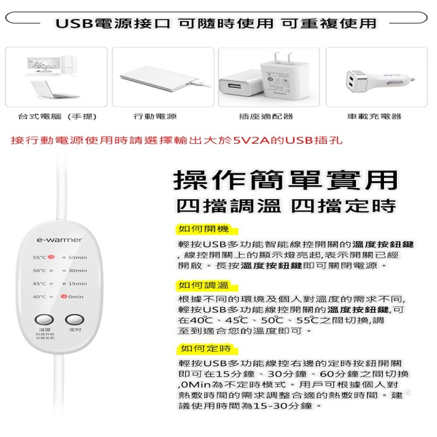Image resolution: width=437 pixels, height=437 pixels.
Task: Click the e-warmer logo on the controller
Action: point(59,239)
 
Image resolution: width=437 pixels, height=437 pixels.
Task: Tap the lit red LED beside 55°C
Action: point(51,257)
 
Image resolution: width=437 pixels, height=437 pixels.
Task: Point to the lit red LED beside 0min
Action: point(64,297)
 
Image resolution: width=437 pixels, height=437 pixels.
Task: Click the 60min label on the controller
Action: point(77,258)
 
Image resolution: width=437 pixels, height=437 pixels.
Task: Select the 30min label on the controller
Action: point(77,270)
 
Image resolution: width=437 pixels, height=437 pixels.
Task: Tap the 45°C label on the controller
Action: point(39,284)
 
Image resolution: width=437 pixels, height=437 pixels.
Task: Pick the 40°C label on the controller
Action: point(39,297)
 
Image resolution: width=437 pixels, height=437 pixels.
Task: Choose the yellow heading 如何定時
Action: point(197,348)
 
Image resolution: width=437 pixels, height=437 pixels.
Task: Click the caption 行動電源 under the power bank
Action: point(155,117)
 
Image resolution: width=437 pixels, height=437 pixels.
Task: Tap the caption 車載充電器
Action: point(374,117)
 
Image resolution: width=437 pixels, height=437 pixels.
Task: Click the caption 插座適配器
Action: point(266,117)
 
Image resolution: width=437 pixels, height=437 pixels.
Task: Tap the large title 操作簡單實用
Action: point(286,180)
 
